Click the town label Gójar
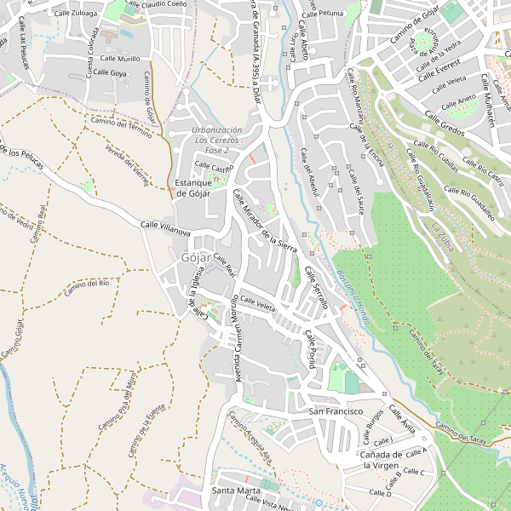[x=196, y=257]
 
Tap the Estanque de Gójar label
[x=192, y=188]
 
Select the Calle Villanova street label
[x=165, y=227]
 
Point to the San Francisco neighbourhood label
[x=336, y=411]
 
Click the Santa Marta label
[x=236, y=491]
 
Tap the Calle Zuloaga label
[x=75, y=14]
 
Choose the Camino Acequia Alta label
[x=250, y=436]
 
